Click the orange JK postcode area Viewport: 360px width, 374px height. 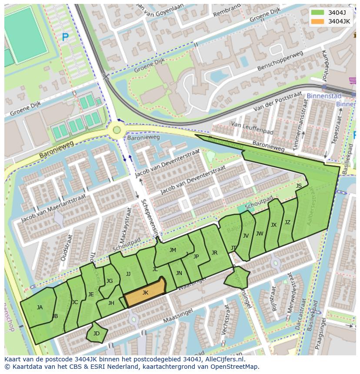145,295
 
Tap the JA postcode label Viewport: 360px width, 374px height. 40,308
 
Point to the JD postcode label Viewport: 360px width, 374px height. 97,334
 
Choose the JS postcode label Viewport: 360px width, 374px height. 299,186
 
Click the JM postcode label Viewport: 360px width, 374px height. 173,250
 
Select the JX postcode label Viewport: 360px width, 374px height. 273,225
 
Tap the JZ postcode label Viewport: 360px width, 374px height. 287,222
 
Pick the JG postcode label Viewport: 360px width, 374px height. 110,281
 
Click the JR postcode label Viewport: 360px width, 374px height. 214,253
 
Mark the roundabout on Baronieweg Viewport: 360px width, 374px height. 116,129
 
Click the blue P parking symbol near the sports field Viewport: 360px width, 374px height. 65,38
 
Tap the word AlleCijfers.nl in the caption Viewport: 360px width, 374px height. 223,359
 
